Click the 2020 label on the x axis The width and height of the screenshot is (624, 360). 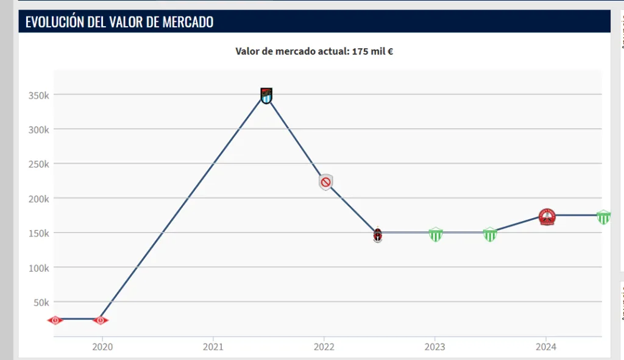tap(102, 347)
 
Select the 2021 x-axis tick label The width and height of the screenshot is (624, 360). tap(213, 347)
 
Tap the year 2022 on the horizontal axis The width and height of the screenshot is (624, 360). tap(324, 347)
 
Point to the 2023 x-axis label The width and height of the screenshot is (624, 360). tap(434, 347)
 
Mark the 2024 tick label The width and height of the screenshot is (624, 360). tap(545, 347)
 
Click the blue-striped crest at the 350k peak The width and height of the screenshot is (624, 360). tap(266, 95)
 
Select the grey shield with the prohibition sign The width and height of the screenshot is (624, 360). tap(326, 182)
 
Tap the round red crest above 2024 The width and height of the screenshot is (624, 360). tap(547, 216)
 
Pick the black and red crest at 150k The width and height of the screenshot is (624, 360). tap(378, 235)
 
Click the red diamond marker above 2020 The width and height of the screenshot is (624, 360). tap(101, 320)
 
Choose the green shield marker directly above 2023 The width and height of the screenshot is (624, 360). tap(436, 235)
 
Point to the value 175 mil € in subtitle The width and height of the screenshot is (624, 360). tap(372, 52)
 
